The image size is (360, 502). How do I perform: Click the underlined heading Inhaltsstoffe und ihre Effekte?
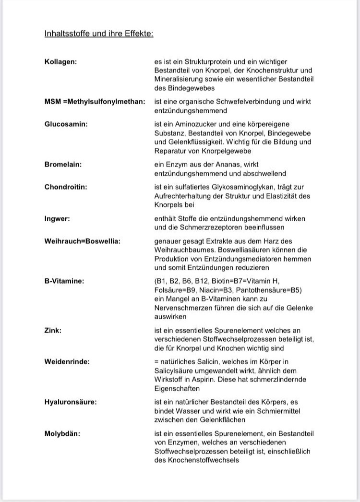[x=99, y=34]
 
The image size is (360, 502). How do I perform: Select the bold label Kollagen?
[x=61, y=62]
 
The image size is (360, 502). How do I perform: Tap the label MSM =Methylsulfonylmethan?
[x=95, y=102]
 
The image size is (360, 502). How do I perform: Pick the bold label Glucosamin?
[x=66, y=124]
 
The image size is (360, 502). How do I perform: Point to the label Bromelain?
[x=63, y=165]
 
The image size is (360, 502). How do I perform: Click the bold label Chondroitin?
[x=66, y=187]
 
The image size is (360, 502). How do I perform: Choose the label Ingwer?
[x=57, y=218]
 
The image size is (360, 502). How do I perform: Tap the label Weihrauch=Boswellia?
[x=82, y=241]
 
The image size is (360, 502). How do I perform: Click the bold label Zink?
[x=53, y=330]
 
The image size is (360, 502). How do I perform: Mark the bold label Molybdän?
[x=62, y=433]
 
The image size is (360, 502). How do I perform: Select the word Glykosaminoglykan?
[x=244, y=187]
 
